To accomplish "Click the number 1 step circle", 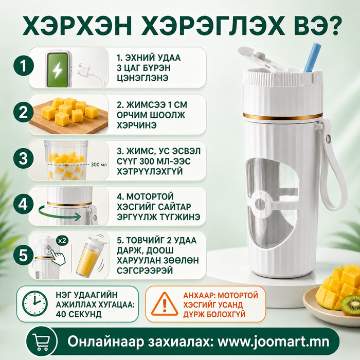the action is [x=24, y=66].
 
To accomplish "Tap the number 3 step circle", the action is [x=24, y=158].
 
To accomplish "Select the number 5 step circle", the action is [x=24, y=255].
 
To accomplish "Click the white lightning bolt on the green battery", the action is [x=57, y=70].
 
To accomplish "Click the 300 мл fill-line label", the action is [x=99, y=165].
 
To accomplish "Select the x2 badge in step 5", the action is [x=62, y=240].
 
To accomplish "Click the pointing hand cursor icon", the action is [x=58, y=257].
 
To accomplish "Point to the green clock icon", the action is [x=35, y=303].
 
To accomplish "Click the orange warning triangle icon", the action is [x=165, y=304].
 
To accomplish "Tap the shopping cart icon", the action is [x=41, y=341].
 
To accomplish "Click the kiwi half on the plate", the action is [x=351, y=305].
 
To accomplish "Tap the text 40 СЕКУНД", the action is [x=79, y=314].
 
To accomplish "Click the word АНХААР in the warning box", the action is [x=199, y=295].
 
